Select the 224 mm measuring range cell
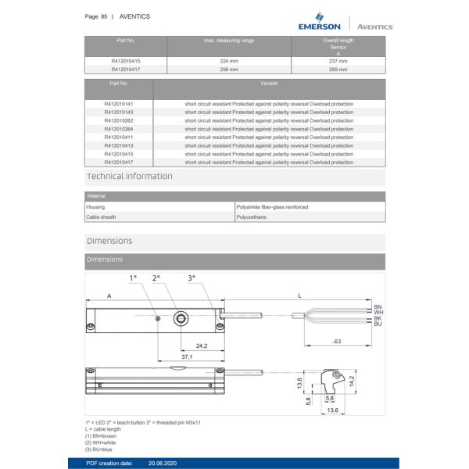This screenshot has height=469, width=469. (x=229, y=60)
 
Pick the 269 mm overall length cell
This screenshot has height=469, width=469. (x=338, y=68)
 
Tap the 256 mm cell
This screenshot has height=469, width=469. (x=229, y=68)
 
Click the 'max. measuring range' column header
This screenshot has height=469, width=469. (x=229, y=40)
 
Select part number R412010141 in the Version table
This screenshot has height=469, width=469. (x=119, y=104)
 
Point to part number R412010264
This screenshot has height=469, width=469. (x=119, y=129)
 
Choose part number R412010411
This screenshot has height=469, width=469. (x=119, y=138)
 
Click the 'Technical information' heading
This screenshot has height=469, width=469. (x=130, y=177)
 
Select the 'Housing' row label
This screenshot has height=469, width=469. (x=95, y=207)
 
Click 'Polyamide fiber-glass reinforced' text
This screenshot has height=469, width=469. (x=272, y=207)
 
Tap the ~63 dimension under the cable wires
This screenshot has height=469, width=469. (x=336, y=342)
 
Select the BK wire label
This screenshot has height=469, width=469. (x=378, y=318)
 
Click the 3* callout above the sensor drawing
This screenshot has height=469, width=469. (x=192, y=278)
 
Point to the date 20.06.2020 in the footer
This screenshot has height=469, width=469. (x=165, y=463)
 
